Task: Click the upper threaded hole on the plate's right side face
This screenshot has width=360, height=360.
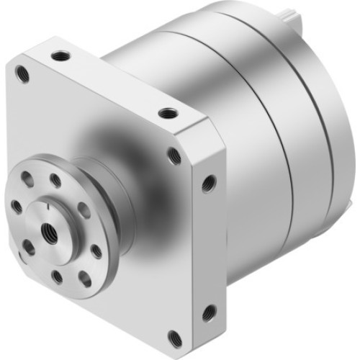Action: [x=209, y=184]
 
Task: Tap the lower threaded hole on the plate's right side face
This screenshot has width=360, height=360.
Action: [x=209, y=312]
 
